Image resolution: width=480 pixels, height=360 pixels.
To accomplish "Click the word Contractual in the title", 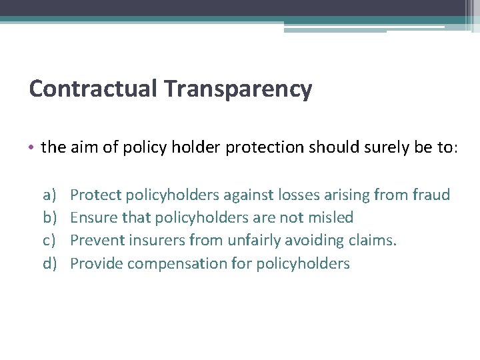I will pyautogui.click(x=93, y=88).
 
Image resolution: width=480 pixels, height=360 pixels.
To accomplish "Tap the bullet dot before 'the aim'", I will pyautogui.click(x=34, y=147).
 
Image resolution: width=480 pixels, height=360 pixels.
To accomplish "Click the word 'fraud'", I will pyautogui.click(x=431, y=195).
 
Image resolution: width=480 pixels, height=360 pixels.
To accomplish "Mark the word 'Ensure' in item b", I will pyautogui.click(x=93, y=217).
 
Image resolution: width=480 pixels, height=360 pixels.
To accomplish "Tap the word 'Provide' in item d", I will pyautogui.click(x=96, y=263).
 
